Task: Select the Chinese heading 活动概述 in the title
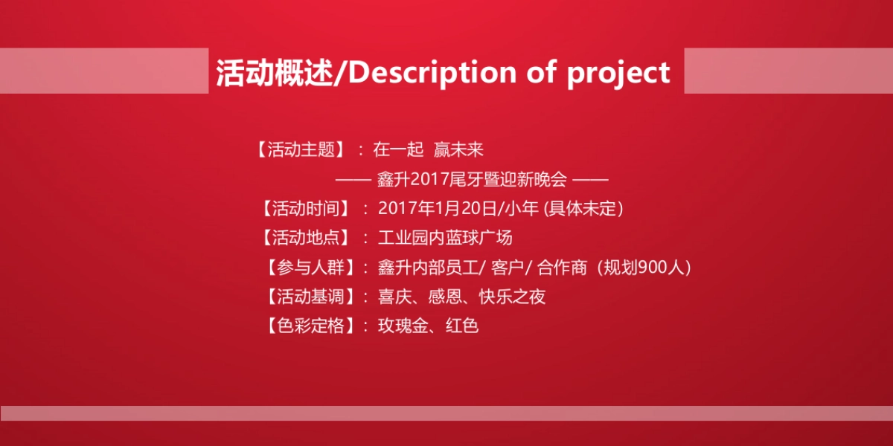[274, 73]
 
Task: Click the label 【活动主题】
[301, 150]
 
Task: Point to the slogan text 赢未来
[459, 150]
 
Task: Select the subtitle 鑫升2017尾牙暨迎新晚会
[473, 179]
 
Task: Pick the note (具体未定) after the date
[583, 209]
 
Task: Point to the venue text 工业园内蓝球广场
[445, 239]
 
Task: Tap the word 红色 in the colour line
[461, 326]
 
